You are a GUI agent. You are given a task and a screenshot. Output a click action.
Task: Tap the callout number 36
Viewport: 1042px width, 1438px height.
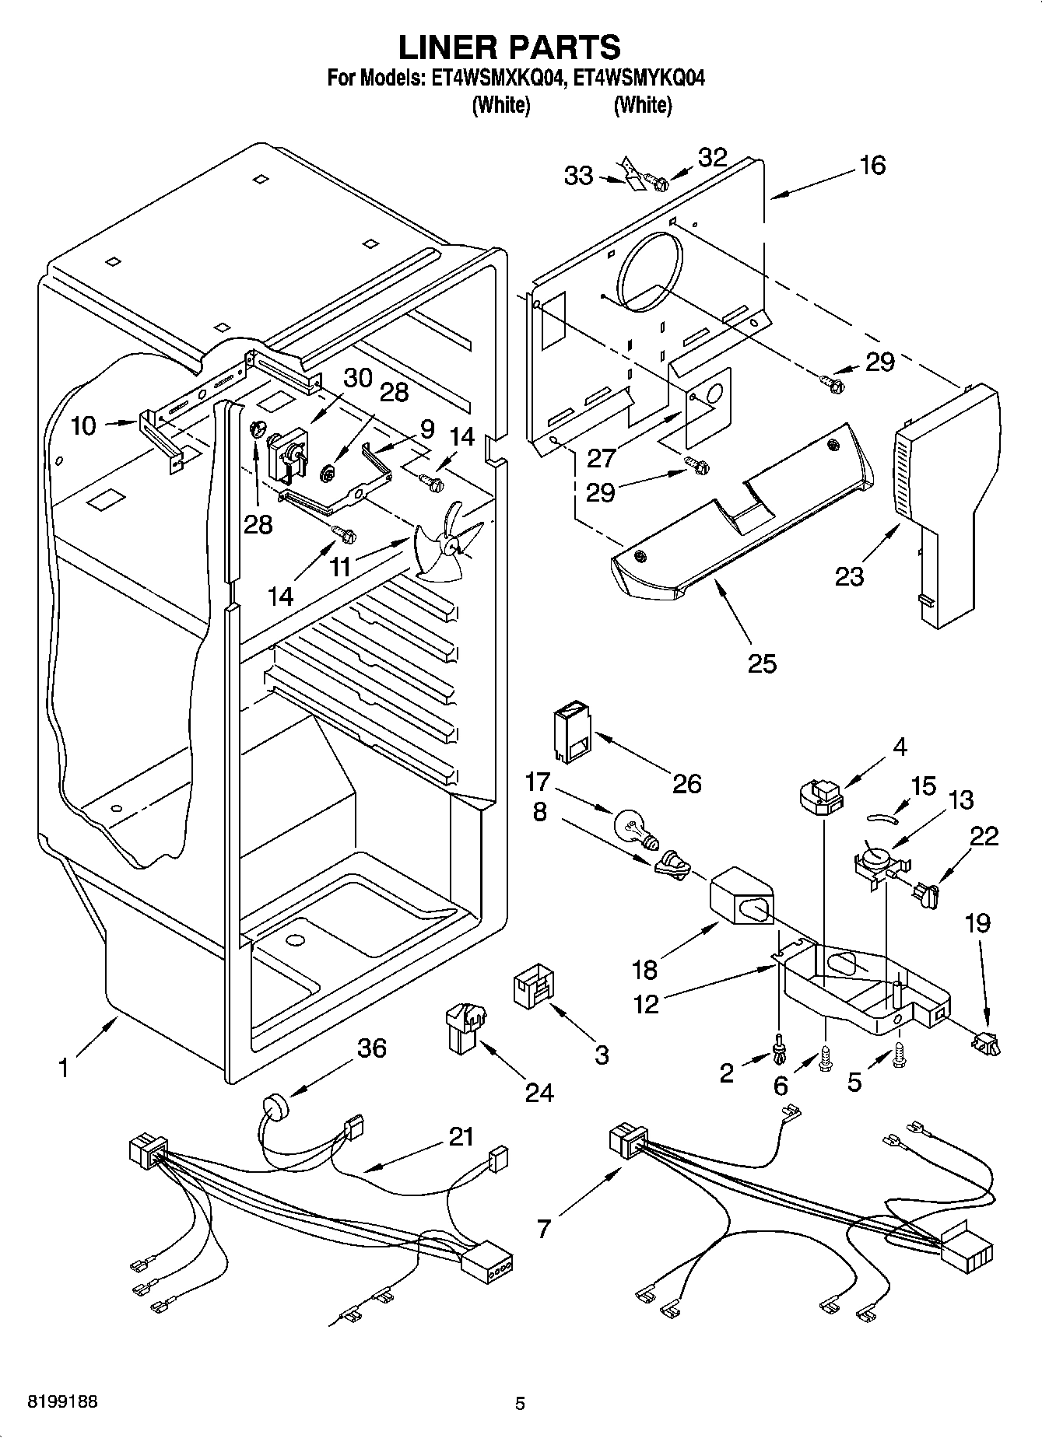tap(371, 1048)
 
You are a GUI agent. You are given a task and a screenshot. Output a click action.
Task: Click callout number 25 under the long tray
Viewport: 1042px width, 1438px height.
tap(762, 663)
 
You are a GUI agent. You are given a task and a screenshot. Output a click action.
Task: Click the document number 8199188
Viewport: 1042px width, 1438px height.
tap(62, 1402)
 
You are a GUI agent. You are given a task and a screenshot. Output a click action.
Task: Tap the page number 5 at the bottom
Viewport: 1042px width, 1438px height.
tap(520, 1403)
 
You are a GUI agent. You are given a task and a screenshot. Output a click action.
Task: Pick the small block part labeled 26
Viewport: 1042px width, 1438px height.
tap(570, 731)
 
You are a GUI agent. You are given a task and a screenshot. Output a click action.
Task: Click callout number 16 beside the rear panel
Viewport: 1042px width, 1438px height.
tap(873, 166)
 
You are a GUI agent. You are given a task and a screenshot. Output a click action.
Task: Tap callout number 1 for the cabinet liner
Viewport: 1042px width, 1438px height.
tap(63, 1068)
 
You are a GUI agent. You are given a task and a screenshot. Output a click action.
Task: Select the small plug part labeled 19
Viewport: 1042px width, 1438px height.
tap(985, 1041)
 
